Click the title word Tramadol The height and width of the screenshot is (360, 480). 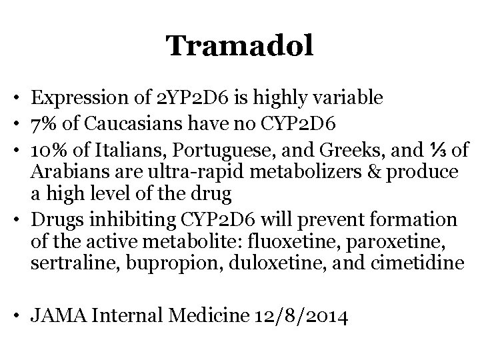(239, 46)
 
